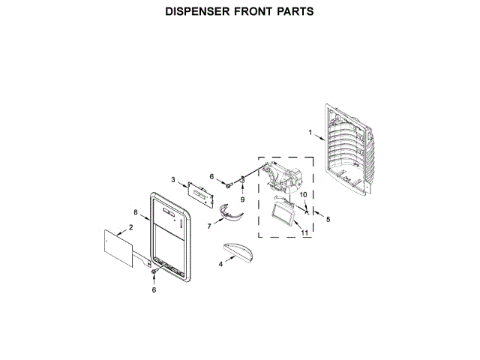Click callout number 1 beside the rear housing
click(310, 133)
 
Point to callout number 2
click(130, 226)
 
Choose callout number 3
click(173, 180)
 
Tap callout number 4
click(220, 264)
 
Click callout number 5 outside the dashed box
click(327, 218)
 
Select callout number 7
click(209, 225)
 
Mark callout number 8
click(136, 212)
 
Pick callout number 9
click(243, 201)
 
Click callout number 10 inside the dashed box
click(304, 196)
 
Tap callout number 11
click(304, 232)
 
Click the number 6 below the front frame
click(154, 289)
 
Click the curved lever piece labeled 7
click(229, 215)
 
